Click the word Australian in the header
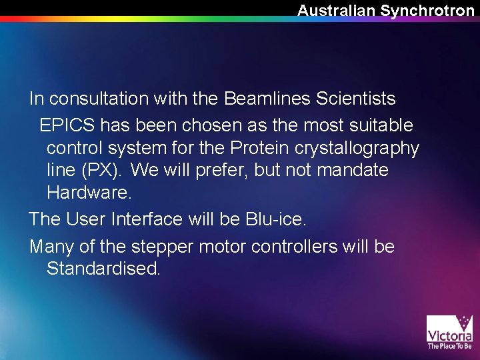337,10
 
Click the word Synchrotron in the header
427,10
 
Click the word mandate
353,171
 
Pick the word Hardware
89,193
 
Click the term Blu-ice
287,219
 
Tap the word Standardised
103,269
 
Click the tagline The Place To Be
449,346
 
